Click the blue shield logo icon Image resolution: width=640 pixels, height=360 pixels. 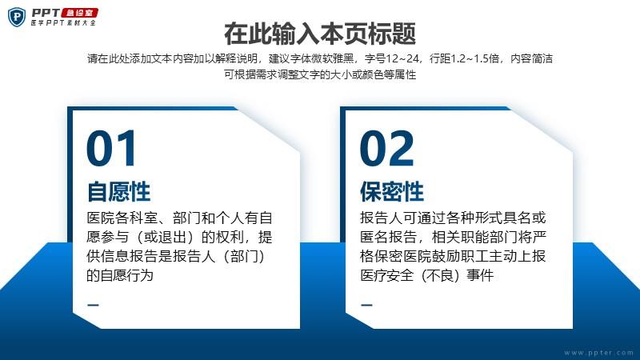(17, 17)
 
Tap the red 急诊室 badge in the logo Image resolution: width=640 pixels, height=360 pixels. (80, 13)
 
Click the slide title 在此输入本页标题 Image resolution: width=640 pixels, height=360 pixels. (320, 34)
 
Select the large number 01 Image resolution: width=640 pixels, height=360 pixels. (111, 148)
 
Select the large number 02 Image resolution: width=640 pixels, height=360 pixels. (387, 148)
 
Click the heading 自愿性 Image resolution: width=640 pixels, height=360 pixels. (118, 191)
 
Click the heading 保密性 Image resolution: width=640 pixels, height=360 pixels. (392, 191)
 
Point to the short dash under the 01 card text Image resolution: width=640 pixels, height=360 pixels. (93, 305)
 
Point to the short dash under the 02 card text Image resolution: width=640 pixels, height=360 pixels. (366, 305)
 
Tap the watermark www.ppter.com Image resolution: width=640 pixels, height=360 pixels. (598, 352)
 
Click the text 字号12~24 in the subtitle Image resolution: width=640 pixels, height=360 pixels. (392, 58)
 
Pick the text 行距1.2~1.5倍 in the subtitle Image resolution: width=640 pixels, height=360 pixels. (465, 58)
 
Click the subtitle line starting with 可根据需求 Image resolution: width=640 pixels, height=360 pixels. (320, 74)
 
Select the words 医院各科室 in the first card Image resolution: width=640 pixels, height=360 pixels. (122, 218)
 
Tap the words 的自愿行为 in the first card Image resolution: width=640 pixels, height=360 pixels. (119, 275)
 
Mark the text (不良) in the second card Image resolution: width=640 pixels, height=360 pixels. (440, 275)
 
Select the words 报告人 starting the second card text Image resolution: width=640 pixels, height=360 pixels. (382, 218)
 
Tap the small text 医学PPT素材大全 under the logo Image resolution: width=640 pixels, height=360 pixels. (63, 23)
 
